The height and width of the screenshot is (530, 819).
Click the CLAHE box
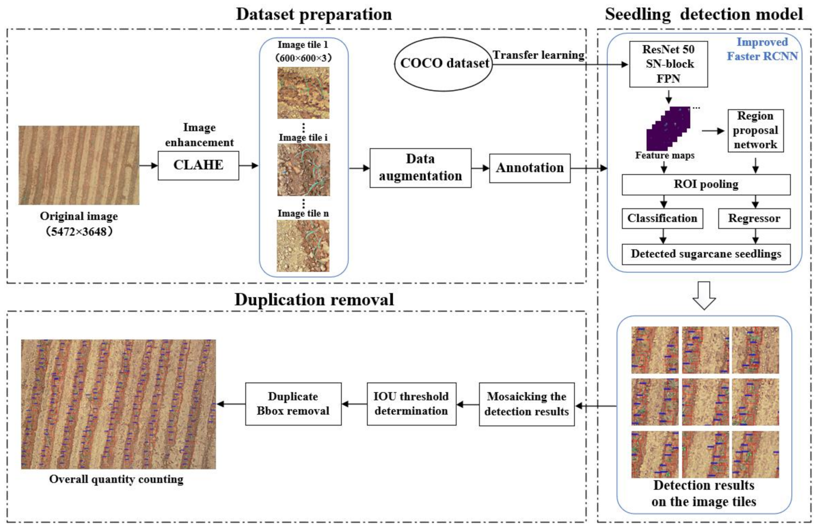(198, 165)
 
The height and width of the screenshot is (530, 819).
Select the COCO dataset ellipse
(443, 64)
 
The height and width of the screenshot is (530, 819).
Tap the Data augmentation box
(420, 168)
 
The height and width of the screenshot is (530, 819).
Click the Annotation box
(529, 168)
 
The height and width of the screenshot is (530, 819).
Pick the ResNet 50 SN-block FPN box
(668, 64)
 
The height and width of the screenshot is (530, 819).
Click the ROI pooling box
(706, 184)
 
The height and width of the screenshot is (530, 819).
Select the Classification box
(662, 218)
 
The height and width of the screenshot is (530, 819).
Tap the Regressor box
(754, 218)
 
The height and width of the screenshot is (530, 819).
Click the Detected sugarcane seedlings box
(706, 254)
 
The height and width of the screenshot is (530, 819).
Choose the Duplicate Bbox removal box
(293, 404)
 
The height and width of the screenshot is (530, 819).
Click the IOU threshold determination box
(411, 404)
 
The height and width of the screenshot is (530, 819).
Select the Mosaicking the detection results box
(527, 404)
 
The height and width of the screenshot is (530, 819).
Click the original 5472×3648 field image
(79, 165)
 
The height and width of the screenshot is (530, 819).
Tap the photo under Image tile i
(303, 170)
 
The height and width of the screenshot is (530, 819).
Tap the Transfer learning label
(539, 55)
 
